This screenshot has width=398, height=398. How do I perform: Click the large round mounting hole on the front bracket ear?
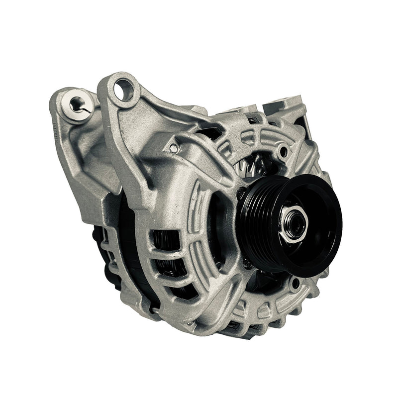[x=123, y=91]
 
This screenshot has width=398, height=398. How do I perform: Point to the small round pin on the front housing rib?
[x=173, y=148]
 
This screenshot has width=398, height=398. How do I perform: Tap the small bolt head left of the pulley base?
[x=242, y=193]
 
